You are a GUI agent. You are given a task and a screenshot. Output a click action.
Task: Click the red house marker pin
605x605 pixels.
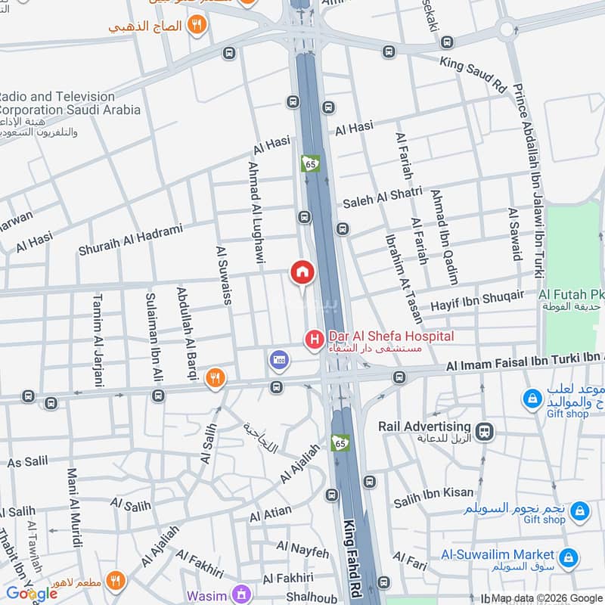click(301, 271)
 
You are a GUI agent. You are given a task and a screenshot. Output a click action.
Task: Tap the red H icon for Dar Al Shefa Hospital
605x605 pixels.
click(313, 340)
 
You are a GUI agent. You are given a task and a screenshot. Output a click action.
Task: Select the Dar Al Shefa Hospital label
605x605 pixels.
click(390, 336)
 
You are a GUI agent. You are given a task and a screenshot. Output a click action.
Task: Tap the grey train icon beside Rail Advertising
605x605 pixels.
click(486, 432)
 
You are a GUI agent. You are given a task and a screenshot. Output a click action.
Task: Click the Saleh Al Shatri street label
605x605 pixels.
click(382, 198)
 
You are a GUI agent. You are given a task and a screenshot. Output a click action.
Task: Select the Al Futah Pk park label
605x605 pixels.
click(571, 294)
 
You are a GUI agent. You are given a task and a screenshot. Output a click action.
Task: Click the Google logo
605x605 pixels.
click(32, 594)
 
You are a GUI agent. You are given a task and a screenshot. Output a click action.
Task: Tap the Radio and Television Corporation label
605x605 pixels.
click(70, 103)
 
